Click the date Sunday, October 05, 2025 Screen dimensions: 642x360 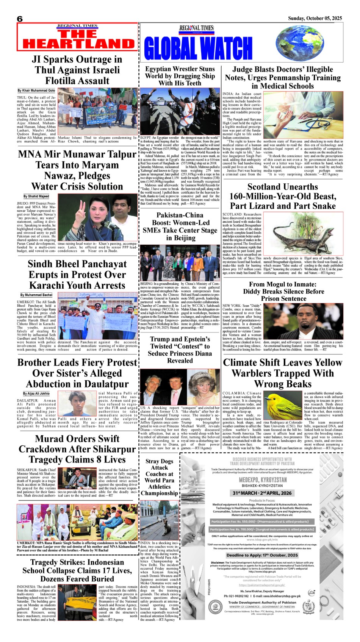[315, 18]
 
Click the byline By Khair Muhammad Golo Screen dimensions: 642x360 [36, 91]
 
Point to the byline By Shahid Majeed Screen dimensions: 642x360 [36, 196]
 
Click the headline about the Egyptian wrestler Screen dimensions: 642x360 [180, 76]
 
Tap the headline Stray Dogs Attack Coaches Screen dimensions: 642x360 [160, 477]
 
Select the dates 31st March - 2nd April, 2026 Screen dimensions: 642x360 [262, 493]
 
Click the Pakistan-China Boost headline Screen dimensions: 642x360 [180, 226]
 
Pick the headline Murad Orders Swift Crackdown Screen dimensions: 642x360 [77, 449]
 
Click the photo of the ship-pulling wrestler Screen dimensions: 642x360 [180, 112]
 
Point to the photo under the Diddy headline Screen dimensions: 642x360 [303, 322]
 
